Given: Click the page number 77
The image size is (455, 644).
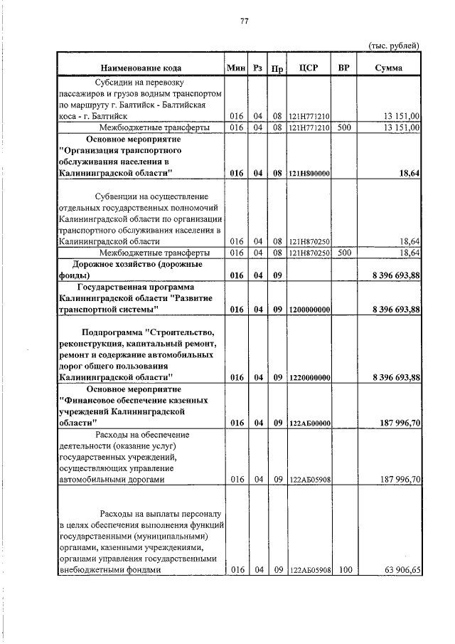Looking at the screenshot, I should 243,21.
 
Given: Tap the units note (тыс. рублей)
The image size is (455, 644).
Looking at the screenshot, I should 394,45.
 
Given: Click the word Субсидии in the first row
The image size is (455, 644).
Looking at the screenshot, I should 123,82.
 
